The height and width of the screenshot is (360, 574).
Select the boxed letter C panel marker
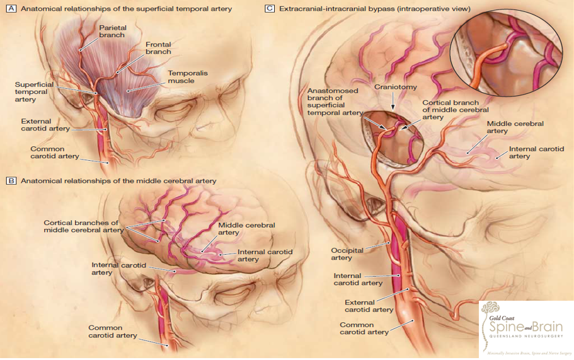click(270, 9)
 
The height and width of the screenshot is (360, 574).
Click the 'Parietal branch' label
click(113, 32)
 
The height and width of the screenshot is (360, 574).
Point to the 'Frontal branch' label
click(158, 49)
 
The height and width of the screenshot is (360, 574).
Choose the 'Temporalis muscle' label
click(187, 77)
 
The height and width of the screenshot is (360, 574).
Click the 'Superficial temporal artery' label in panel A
click(35, 92)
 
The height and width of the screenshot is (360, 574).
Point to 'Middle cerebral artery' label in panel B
click(238, 229)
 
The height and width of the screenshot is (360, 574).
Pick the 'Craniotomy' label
click(393, 86)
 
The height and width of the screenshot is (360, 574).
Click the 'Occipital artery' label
click(347, 254)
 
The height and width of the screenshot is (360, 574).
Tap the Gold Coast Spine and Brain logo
click(526, 327)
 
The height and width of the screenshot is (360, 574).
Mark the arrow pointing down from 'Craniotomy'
click(393, 101)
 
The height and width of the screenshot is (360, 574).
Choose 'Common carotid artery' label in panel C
click(364, 328)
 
